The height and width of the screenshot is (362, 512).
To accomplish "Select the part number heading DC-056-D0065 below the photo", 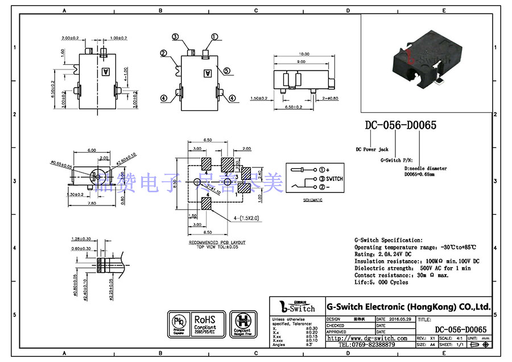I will click(400, 125).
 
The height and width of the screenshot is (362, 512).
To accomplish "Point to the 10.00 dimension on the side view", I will click(303, 54).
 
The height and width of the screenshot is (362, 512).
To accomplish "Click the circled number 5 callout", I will click(226, 71).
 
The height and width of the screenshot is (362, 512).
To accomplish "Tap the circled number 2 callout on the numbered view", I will click(163, 54).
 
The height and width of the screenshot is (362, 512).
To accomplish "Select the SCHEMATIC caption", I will click(312, 200).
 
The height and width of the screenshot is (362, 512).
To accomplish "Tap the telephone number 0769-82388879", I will click(367, 345).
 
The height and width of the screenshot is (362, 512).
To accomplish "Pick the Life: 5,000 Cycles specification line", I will click(381, 282).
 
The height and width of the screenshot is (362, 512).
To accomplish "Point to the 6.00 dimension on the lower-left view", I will click(91, 150).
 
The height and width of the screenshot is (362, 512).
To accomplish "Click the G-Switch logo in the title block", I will click(296, 307).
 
